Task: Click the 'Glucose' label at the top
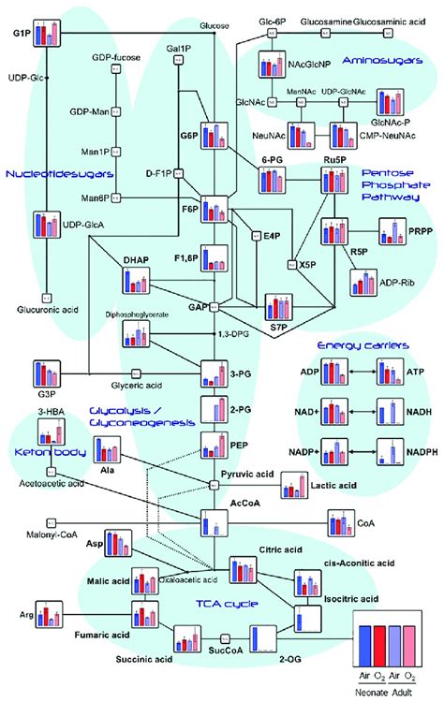click(215, 24)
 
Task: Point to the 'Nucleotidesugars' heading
click(46, 173)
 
